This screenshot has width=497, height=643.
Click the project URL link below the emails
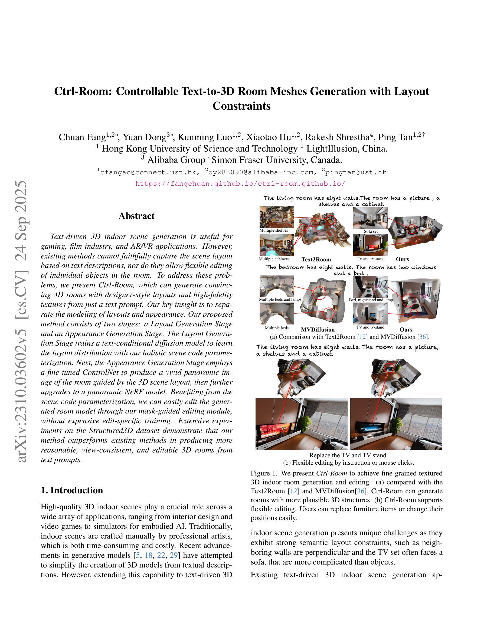[240, 184]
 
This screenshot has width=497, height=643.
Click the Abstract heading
[136, 216]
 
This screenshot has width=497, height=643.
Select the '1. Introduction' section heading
[72, 490]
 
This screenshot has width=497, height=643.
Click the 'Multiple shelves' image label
[273, 230]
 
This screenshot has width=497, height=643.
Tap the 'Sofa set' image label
[370, 231]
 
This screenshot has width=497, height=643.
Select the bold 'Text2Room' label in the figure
[316, 259]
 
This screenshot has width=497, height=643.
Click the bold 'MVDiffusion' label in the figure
[318, 329]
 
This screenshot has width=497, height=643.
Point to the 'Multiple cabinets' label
[273, 259]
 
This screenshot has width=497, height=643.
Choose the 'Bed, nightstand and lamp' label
[371, 300]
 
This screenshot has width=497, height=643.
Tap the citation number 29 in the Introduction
[174, 555]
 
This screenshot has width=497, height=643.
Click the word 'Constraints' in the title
[241, 106]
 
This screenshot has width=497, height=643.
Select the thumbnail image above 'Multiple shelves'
[276, 217]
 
